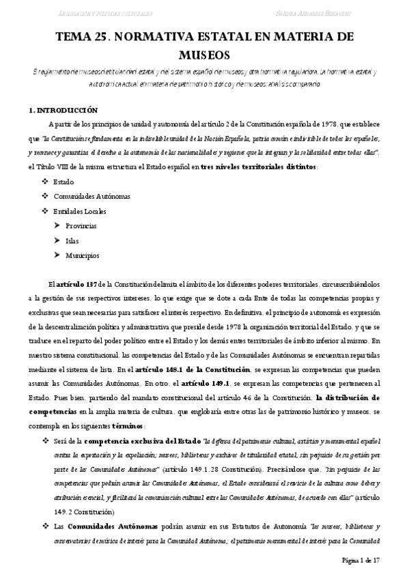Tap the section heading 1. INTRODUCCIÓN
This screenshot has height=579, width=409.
click(x=63, y=110)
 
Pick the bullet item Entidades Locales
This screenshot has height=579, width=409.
click(x=80, y=211)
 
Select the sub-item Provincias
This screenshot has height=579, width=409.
click(x=81, y=225)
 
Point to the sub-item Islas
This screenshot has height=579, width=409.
click(x=72, y=240)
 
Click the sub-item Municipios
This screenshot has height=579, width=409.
click(x=83, y=255)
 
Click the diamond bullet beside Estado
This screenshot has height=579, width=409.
click(x=45, y=182)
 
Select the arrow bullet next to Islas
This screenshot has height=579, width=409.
click(x=57, y=240)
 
